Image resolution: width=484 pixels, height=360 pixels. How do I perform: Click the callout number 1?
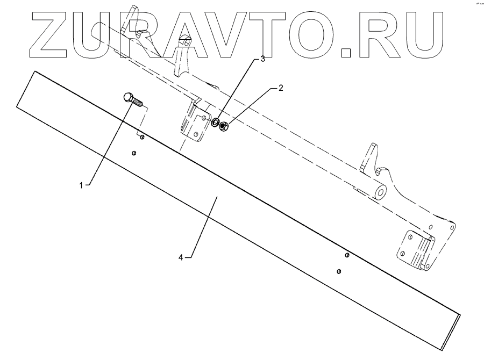82,185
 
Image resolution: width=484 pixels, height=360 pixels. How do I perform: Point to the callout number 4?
182,257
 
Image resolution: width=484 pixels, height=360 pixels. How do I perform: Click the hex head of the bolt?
127,97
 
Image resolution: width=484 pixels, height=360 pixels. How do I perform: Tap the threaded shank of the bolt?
139,103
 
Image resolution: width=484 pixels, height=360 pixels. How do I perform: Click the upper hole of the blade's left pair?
141,138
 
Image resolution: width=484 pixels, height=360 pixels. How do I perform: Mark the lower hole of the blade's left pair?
134,153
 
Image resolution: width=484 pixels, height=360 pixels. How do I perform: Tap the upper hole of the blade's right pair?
347,255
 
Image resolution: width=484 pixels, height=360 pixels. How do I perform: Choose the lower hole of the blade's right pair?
339,271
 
